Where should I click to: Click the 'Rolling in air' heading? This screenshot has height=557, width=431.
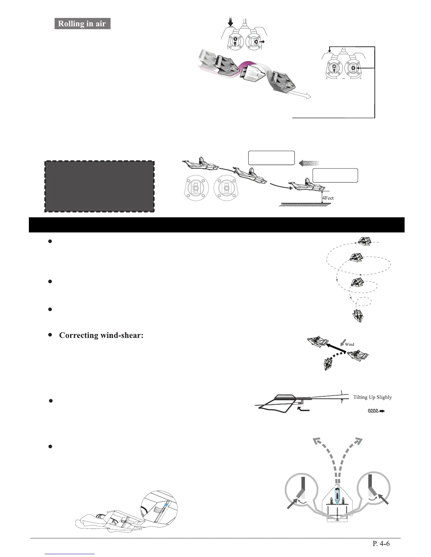[x=82, y=24]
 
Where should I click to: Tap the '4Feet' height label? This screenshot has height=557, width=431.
[x=328, y=198]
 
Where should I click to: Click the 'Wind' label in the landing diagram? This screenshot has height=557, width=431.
[x=309, y=163]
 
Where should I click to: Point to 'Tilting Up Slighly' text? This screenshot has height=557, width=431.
[x=372, y=397]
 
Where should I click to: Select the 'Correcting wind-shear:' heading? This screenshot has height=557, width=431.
[x=101, y=335]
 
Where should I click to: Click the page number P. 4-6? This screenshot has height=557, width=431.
[x=381, y=543]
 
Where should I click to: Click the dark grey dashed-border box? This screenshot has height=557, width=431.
[x=99, y=186]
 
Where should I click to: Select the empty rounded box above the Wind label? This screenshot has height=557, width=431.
[x=271, y=158]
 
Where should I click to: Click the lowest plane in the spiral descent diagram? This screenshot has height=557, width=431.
[x=358, y=315]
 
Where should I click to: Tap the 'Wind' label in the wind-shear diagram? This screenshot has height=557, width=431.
[x=349, y=344]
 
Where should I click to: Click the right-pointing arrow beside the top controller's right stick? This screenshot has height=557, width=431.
[x=262, y=41]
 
